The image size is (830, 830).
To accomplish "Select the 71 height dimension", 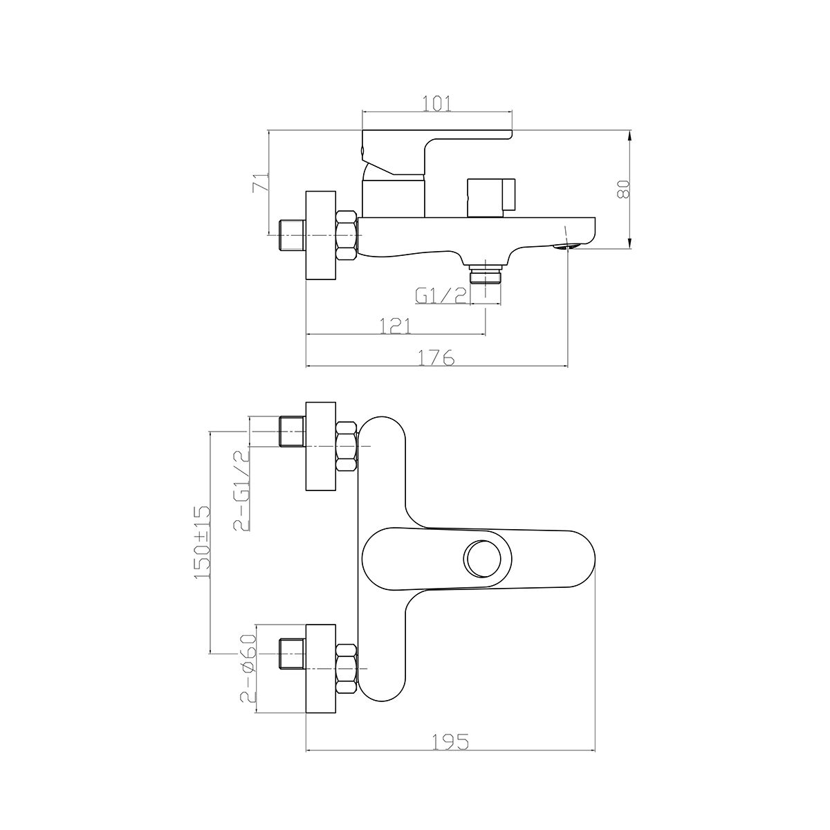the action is coord(261,182).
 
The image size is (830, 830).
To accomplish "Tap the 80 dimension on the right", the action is coord(623,189).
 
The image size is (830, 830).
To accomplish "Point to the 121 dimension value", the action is coord(396,326).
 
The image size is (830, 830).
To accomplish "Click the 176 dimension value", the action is coord(437,357).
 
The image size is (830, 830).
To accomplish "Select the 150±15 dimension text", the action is coord(202,542).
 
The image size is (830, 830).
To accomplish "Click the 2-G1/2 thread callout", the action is coord(241,490).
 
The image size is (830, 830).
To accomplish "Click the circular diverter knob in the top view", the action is coord(482,558).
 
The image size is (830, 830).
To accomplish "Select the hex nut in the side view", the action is coord(347,235).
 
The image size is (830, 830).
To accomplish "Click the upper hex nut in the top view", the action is coord(347,446).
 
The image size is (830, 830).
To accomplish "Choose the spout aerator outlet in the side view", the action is coord(566,246).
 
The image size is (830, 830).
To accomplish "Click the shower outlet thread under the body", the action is coord(486,275).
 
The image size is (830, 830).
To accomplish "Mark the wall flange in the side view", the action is coord(321,235).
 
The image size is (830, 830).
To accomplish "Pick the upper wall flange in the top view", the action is coord(321,446).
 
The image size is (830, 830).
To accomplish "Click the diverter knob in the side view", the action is coord(491,197).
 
